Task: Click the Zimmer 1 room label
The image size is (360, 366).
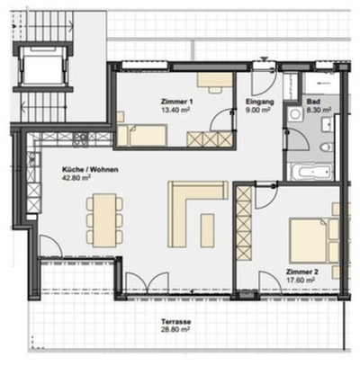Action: [177, 102]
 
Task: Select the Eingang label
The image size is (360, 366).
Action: [259, 102]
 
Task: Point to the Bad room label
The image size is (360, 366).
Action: [312, 102]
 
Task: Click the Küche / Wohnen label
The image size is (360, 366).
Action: [90, 170]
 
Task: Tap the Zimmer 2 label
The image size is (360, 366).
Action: [302, 272]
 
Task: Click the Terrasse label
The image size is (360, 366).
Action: [176, 322]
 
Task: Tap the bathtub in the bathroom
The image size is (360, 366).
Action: [310, 172]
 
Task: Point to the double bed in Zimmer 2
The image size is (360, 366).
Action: [308, 240]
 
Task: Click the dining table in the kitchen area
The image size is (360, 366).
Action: [104, 219]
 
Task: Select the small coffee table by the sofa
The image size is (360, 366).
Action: [207, 229]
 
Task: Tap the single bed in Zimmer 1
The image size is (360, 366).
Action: [141, 136]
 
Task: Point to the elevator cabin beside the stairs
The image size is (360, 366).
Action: [43, 65]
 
